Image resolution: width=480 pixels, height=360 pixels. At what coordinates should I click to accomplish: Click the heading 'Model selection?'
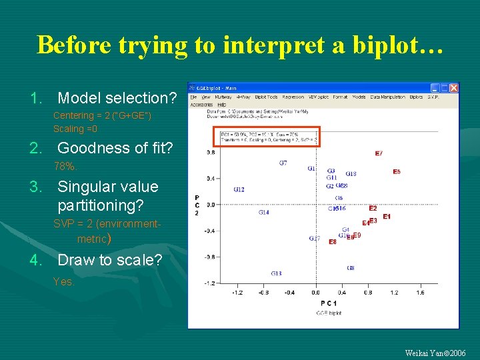117,98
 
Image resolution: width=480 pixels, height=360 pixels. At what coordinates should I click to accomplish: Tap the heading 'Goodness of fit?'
115,147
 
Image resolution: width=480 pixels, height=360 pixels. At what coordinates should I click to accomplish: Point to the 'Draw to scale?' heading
109,259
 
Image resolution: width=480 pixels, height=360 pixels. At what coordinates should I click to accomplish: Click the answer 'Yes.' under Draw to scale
63,281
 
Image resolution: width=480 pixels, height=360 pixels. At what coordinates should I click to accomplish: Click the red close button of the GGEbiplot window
453,87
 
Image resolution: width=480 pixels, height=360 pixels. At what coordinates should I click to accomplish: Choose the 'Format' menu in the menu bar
340,97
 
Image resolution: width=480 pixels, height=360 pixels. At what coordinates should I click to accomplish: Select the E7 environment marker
379,154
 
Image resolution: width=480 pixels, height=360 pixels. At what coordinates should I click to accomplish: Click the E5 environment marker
397,172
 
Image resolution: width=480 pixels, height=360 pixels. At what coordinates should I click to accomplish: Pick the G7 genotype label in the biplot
283,163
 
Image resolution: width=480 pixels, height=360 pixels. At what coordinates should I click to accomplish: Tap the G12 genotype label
239,190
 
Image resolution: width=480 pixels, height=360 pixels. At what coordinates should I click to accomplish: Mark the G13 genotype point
276,273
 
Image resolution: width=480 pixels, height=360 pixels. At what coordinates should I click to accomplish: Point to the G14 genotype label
264,213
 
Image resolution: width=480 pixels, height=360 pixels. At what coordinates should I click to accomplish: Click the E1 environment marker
387,217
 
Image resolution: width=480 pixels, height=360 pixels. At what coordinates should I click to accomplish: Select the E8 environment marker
332,242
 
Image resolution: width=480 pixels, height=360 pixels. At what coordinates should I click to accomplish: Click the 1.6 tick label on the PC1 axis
420,292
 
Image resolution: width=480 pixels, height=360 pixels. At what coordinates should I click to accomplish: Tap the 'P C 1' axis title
329,303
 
